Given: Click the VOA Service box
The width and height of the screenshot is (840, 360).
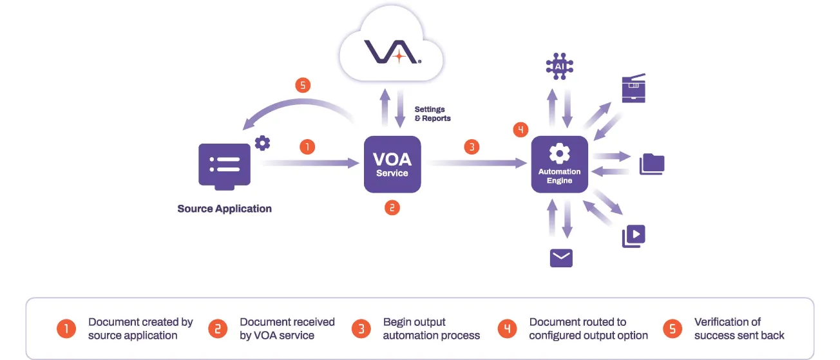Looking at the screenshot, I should [x=392, y=164].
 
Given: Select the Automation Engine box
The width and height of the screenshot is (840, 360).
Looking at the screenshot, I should [x=559, y=164].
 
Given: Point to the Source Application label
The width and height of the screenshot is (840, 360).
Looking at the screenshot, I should [x=224, y=209].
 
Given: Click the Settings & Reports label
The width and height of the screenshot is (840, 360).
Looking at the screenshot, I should [x=432, y=114].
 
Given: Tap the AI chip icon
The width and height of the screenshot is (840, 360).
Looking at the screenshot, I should [x=559, y=66].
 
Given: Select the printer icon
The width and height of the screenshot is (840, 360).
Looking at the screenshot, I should [x=633, y=89].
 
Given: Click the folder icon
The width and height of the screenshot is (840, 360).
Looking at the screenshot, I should [x=651, y=164].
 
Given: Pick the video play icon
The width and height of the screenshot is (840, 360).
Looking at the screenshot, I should [x=633, y=236].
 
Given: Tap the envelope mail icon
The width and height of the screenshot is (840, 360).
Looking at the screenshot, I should [x=561, y=258].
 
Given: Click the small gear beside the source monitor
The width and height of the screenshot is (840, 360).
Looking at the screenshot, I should [x=262, y=142].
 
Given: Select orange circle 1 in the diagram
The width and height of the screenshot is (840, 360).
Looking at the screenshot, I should [x=308, y=147].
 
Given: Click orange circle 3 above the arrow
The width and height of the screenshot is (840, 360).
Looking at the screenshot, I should [x=472, y=147].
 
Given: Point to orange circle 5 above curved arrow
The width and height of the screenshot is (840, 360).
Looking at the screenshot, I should [x=303, y=85].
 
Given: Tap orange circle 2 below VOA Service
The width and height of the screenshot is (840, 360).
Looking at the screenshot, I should [x=392, y=207].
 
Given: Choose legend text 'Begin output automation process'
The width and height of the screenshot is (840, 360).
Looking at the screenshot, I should [x=431, y=328].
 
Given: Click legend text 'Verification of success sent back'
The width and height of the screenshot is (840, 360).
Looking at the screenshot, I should [x=739, y=328].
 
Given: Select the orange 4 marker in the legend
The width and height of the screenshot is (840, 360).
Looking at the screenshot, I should [x=507, y=329].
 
